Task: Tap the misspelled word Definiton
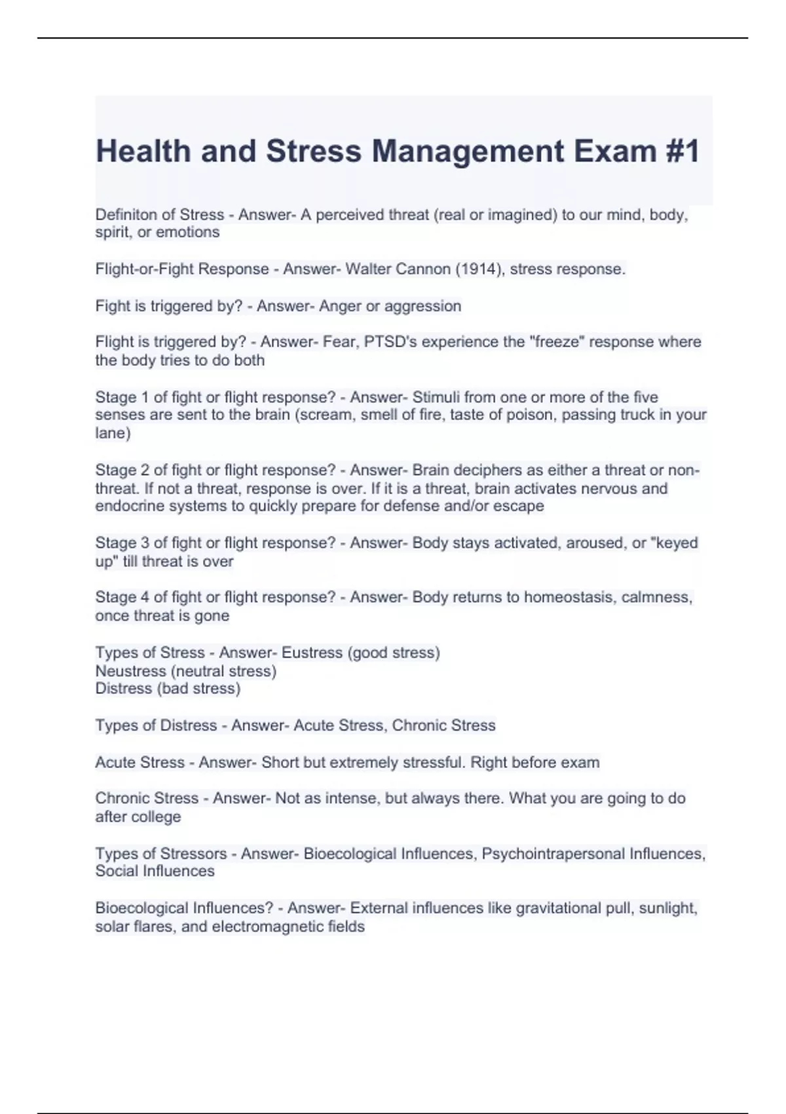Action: [x=127, y=214]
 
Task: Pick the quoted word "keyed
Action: [x=674, y=543]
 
